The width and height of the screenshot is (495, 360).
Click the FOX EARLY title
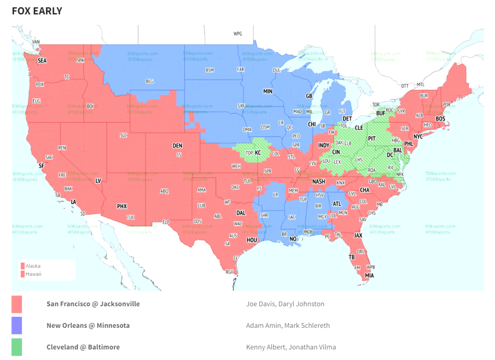click(x=37, y=11)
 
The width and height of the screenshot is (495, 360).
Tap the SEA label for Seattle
click(x=42, y=61)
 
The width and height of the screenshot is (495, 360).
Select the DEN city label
click(x=177, y=146)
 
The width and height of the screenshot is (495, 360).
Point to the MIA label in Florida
click(x=369, y=275)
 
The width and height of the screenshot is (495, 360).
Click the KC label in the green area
click(x=258, y=153)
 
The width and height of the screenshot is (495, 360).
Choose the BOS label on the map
click(x=441, y=118)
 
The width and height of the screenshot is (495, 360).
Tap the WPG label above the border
click(x=238, y=34)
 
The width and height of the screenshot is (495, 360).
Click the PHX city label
click(x=122, y=206)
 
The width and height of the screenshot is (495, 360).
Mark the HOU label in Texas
click(x=252, y=239)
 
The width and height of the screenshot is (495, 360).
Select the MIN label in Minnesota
click(x=268, y=91)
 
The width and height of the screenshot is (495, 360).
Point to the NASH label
click(x=319, y=182)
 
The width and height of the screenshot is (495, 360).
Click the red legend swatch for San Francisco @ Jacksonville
click(x=17, y=304)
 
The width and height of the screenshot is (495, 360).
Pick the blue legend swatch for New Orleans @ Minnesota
click(x=17, y=325)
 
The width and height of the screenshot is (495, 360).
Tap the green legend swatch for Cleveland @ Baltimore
click(x=17, y=347)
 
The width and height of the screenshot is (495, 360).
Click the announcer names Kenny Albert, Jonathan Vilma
click(x=291, y=347)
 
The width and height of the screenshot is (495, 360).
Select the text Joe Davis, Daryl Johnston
click(x=285, y=304)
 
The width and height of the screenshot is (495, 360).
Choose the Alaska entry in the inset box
click(x=33, y=266)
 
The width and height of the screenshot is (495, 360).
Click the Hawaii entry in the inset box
click(x=33, y=274)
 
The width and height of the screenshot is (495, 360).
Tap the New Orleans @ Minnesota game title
click(x=88, y=325)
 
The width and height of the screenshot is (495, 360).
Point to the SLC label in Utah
click(x=123, y=135)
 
